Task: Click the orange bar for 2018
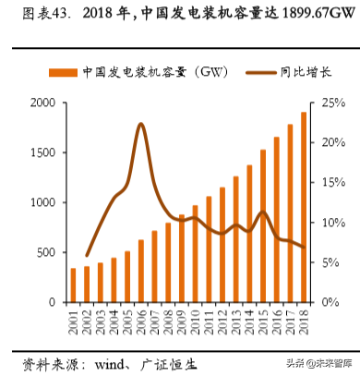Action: (304, 208)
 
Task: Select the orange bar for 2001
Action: (73, 285)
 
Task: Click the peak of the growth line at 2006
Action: (140, 124)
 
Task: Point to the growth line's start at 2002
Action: (87, 256)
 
